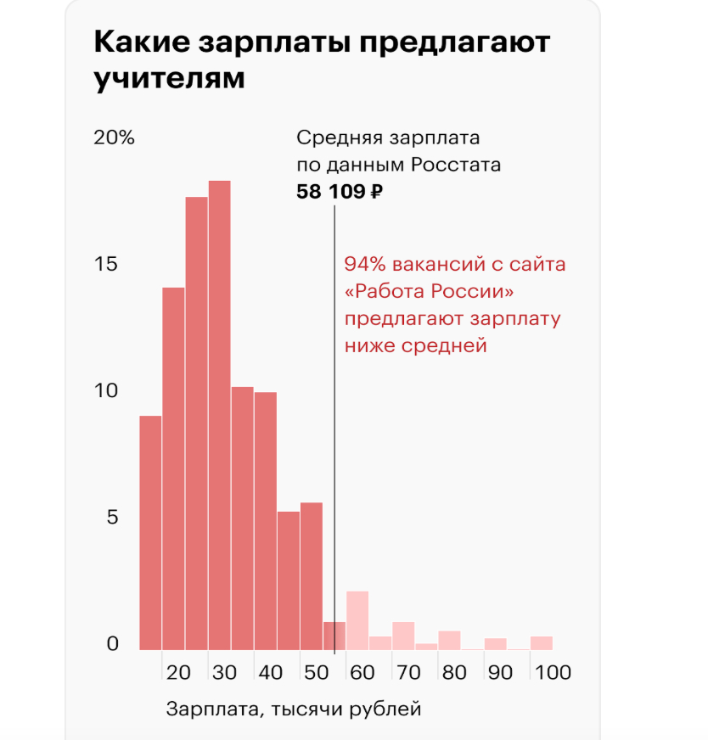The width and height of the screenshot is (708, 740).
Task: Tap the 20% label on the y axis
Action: [x=114, y=138]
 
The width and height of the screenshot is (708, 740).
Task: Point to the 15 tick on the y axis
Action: [x=106, y=264]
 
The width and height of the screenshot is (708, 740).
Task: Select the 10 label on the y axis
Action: [x=106, y=391]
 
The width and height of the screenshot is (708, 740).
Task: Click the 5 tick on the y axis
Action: [x=111, y=518]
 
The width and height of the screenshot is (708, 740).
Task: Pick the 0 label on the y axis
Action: [x=111, y=645]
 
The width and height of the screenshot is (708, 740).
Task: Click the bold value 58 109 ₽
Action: [x=340, y=192]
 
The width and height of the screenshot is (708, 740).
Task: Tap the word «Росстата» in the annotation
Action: [x=457, y=165]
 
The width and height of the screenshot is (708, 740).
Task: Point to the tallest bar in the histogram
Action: [x=220, y=416]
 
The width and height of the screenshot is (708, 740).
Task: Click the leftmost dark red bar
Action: [x=150, y=533]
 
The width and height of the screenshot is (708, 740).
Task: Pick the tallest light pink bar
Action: [x=357, y=620]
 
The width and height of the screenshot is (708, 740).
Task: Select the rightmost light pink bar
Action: [x=542, y=643]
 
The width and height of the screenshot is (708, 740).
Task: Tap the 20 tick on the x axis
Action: [x=179, y=673]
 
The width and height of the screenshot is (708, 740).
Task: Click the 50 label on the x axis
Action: [x=317, y=673]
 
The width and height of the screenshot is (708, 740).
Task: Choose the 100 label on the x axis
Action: [x=553, y=673]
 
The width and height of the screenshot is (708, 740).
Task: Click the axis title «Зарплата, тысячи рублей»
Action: [x=294, y=708]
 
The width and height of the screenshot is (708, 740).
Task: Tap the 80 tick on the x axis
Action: [x=454, y=673]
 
